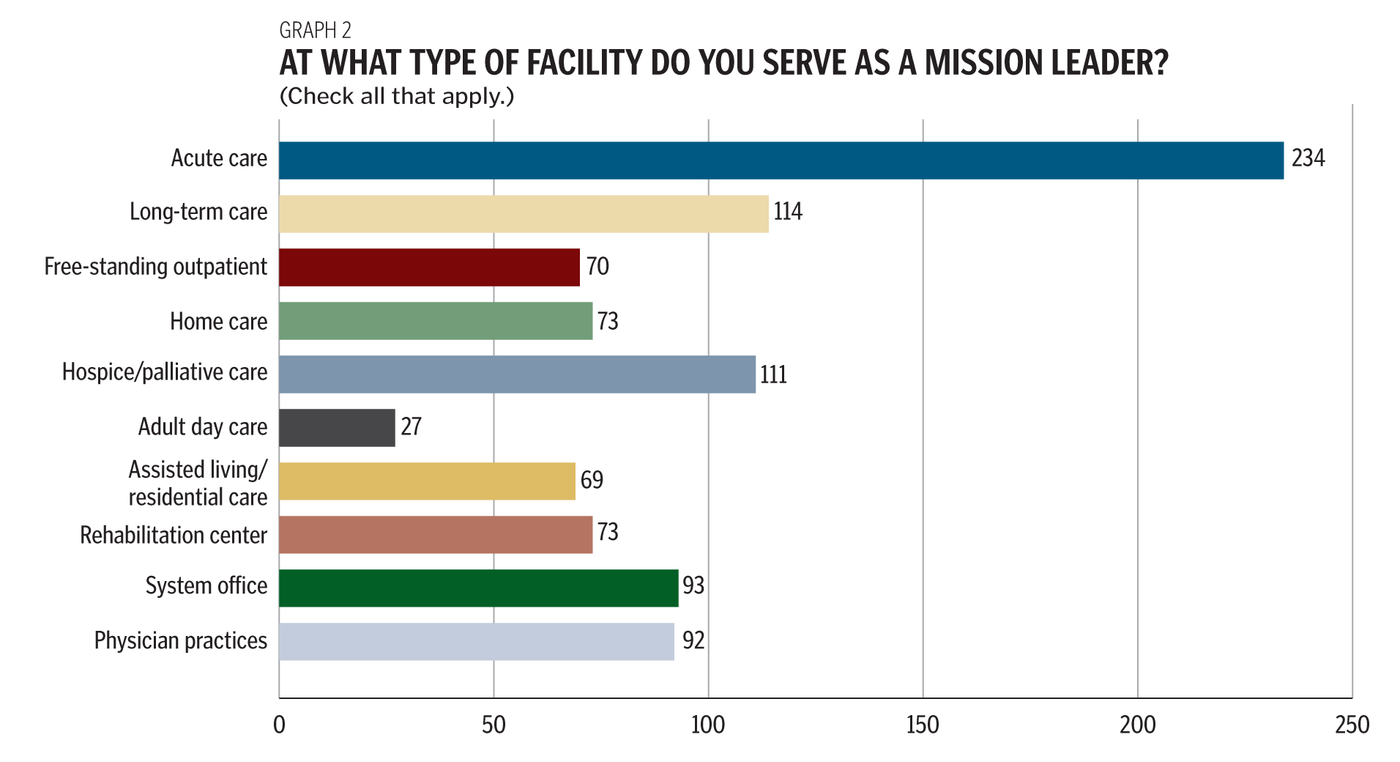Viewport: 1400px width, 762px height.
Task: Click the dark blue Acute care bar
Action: [x=781, y=160]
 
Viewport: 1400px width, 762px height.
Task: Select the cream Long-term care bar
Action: [x=524, y=214]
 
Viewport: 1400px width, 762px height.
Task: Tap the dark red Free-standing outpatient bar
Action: [x=429, y=267]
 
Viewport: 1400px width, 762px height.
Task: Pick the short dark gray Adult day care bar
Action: [x=337, y=428]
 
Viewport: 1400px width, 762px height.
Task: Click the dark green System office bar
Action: [x=478, y=588]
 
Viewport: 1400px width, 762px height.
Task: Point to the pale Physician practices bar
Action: [x=476, y=642]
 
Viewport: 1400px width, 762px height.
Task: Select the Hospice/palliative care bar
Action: [x=517, y=374]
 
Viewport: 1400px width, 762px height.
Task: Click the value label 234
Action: [x=1308, y=158]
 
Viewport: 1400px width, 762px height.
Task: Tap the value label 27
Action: [x=411, y=426]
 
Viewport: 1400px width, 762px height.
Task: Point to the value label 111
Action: [x=773, y=375]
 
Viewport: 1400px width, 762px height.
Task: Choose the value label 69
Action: [x=592, y=481]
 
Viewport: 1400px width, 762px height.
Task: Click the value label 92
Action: [x=693, y=641]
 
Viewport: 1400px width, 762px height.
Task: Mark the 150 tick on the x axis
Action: [x=923, y=725]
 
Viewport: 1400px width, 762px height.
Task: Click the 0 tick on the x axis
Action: [x=279, y=725]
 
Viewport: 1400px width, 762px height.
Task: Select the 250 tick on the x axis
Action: [x=1352, y=725]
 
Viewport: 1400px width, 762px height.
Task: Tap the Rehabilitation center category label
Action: [x=174, y=536]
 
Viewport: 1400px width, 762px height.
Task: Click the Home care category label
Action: [x=218, y=322]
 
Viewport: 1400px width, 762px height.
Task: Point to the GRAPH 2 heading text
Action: [x=315, y=31]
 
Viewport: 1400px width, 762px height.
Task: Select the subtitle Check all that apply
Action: [x=397, y=97]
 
